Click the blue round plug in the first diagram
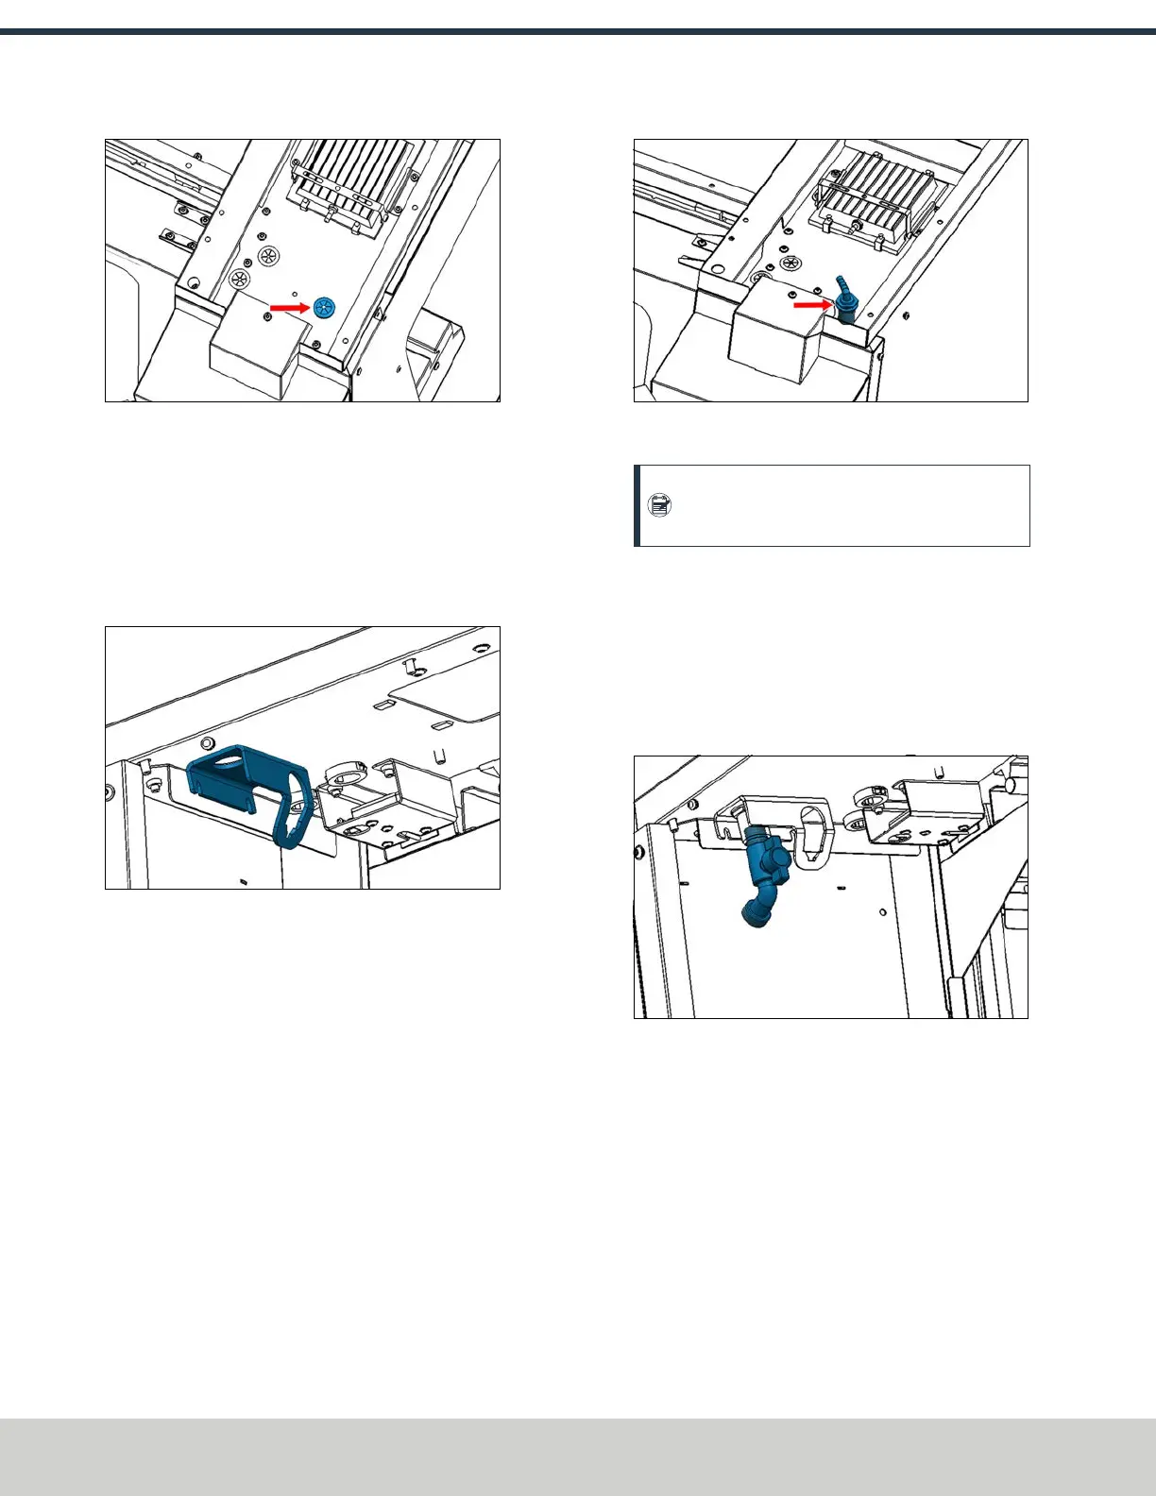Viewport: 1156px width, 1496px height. pos(325,307)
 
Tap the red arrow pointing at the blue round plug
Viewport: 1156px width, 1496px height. pos(289,308)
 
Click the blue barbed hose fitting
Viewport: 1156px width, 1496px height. pos(843,300)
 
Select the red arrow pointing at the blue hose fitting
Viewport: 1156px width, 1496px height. pos(811,305)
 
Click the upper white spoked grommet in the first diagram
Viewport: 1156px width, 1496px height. pos(270,255)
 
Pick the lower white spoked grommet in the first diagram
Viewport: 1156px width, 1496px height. pos(240,279)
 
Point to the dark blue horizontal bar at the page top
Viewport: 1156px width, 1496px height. pos(578,32)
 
